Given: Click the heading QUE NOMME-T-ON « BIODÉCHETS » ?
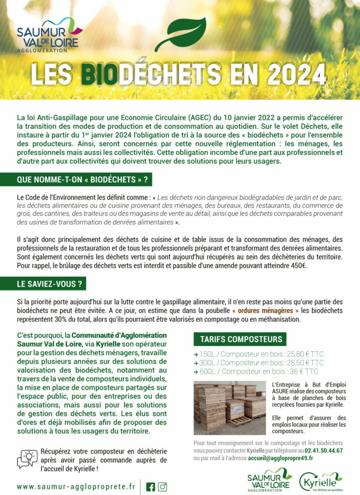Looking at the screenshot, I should [x=82, y=180].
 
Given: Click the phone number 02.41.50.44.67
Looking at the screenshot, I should [x=324, y=451].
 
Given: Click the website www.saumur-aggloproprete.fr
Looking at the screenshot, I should [x=76, y=486].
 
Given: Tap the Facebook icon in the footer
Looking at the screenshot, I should [x=150, y=487].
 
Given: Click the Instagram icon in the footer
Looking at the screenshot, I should [x=163, y=487].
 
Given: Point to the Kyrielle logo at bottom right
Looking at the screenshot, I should [x=320, y=481].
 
